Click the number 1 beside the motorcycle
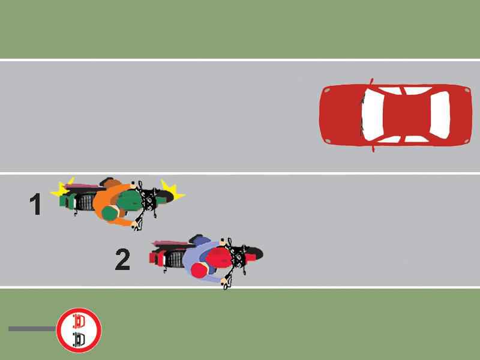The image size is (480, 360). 35,205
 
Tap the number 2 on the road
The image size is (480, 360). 122,260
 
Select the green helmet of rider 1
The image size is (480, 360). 109,212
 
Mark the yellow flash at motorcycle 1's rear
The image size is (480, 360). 60,190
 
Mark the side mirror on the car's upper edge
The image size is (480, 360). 371,81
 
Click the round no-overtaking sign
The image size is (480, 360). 79,329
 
